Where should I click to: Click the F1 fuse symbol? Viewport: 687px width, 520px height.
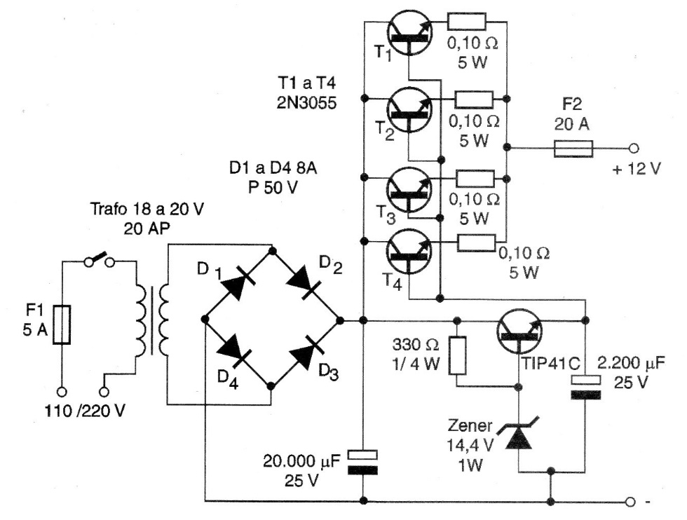coord(62,324)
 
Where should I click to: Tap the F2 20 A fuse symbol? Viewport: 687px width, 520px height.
coord(573,149)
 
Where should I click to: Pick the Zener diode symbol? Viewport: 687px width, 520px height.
coord(518,436)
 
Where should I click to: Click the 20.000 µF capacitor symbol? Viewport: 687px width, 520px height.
coord(363,463)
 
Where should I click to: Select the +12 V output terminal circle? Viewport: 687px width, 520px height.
coord(634,149)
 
